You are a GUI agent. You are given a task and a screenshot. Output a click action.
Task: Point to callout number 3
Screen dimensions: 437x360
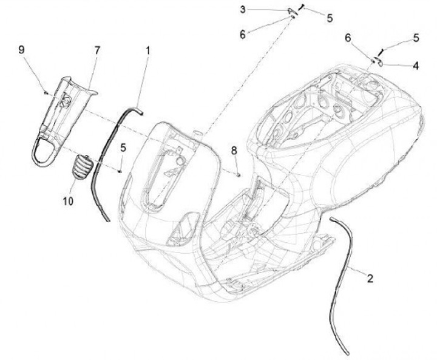click(x=242, y=9)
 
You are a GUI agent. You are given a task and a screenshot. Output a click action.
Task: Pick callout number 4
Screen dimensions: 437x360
click(x=415, y=66)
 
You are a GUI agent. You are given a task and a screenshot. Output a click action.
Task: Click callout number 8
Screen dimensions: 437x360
click(x=234, y=149)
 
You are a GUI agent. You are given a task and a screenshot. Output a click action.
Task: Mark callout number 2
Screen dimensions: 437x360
click(x=369, y=279)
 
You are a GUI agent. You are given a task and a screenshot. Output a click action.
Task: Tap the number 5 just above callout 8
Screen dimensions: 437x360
click(x=123, y=147)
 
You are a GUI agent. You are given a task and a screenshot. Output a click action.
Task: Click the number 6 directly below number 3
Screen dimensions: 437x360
click(x=242, y=35)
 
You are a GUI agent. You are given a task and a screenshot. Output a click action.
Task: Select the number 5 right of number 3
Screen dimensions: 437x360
click(x=330, y=19)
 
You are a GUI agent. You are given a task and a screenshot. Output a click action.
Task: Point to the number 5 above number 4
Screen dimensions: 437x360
click(x=416, y=38)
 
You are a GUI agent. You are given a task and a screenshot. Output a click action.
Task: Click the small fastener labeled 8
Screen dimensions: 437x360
click(x=238, y=174)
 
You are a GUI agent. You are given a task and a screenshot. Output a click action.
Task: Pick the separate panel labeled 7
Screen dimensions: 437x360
click(x=64, y=118)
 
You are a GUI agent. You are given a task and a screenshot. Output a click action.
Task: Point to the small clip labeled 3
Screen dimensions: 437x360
click(x=290, y=11)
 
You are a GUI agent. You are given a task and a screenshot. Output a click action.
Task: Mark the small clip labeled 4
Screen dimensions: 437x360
click(x=377, y=61)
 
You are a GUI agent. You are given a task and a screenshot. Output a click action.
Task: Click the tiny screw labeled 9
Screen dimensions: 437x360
click(x=46, y=92)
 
